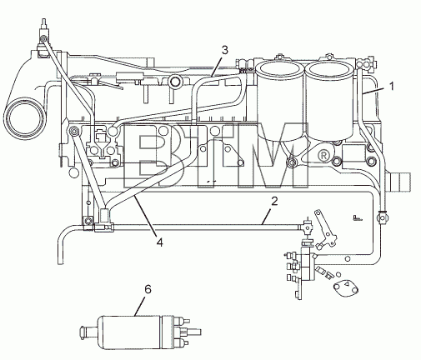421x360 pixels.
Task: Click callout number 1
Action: click(392, 87)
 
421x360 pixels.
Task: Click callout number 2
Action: click(274, 201)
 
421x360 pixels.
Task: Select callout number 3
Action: click(224, 50)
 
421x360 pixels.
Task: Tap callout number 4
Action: click(159, 242)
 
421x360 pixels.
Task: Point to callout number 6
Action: click(148, 289)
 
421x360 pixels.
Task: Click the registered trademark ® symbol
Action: click(323, 155)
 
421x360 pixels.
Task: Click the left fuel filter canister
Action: click(280, 99)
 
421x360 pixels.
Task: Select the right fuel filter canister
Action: click(330, 101)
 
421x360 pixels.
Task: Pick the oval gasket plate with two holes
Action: click(346, 289)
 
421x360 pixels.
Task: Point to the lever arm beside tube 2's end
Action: click(323, 228)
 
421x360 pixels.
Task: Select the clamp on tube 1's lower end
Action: click(383, 217)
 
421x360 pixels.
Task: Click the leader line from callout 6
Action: click(140, 306)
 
